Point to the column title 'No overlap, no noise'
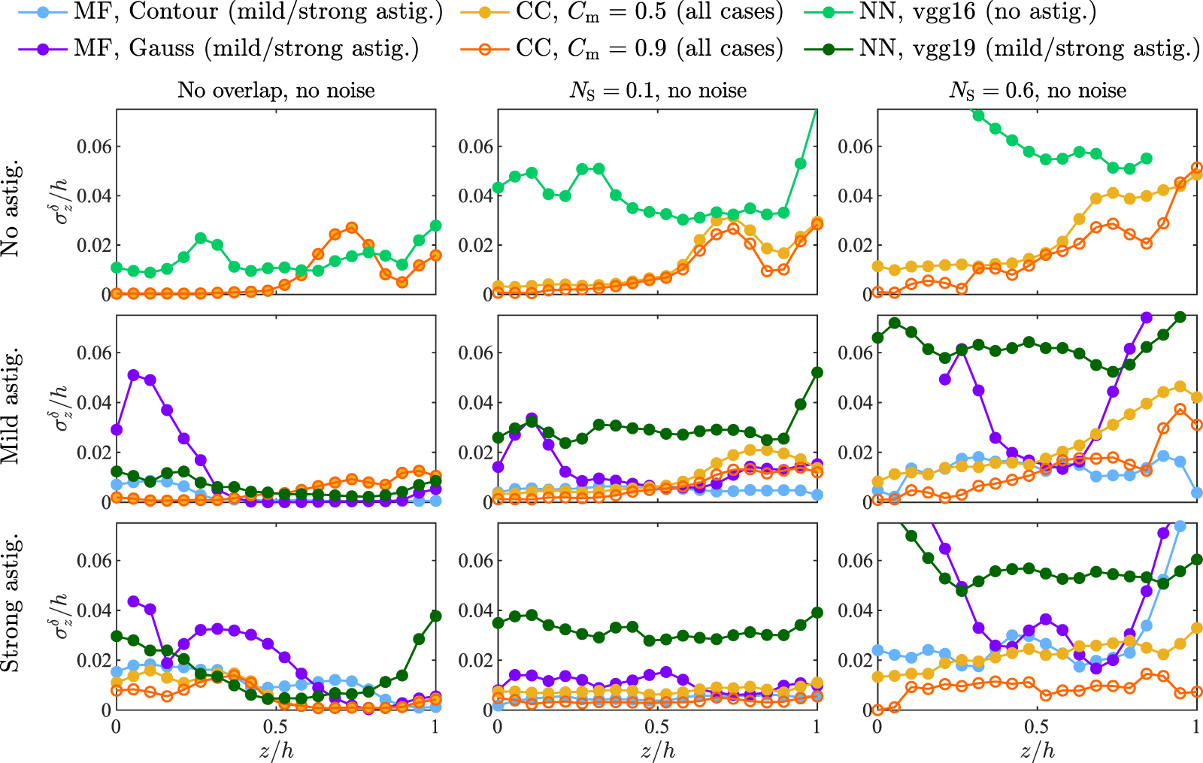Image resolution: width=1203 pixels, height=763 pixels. click(x=276, y=91)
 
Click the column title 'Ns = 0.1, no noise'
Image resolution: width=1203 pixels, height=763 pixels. click(x=658, y=91)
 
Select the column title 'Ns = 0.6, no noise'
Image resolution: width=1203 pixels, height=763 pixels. click(x=1038, y=91)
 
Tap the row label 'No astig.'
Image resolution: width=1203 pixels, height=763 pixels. click(x=11, y=210)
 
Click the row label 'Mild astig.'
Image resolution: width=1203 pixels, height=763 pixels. click(x=11, y=407)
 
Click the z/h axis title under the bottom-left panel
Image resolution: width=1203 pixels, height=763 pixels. click(x=276, y=750)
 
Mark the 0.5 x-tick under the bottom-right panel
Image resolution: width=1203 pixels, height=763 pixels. click(x=1036, y=728)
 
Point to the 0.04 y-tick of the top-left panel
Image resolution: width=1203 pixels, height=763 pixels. click(x=95, y=195)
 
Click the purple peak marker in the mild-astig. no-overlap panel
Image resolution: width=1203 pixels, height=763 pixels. click(x=133, y=374)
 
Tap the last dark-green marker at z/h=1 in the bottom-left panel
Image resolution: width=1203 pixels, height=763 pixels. click(x=435, y=616)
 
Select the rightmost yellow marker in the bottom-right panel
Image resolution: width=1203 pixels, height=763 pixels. click(x=1197, y=628)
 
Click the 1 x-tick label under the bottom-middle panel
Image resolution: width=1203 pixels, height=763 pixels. click(x=817, y=728)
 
